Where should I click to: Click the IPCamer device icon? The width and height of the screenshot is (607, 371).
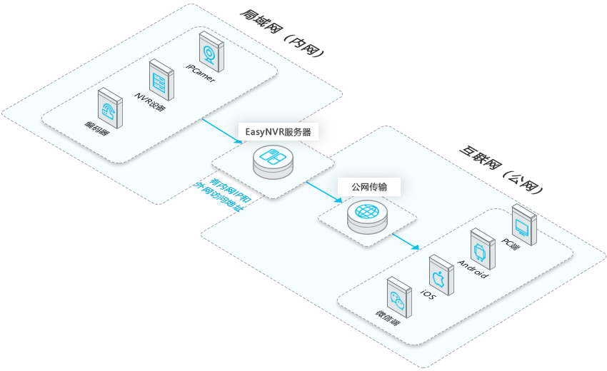pyautogui.click(x=210, y=49)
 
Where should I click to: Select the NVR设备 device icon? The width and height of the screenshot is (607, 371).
pyautogui.click(x=161, y=78)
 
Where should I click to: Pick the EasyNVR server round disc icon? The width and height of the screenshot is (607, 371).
pyautogui.click(x=273, y=163)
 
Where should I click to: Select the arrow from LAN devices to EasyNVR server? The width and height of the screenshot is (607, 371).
pyautogui.click(x=222, y=131)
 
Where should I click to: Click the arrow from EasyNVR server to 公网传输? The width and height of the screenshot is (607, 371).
pyautogui.click(x=324, y=192)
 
